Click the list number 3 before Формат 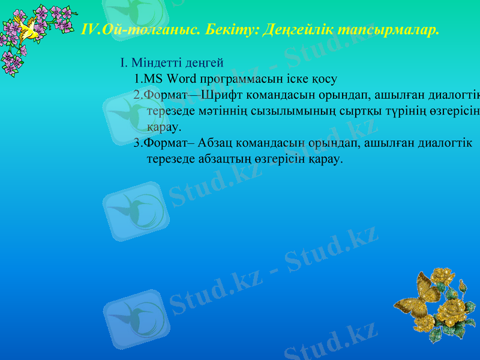click(137, 143)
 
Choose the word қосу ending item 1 click(325, 78)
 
